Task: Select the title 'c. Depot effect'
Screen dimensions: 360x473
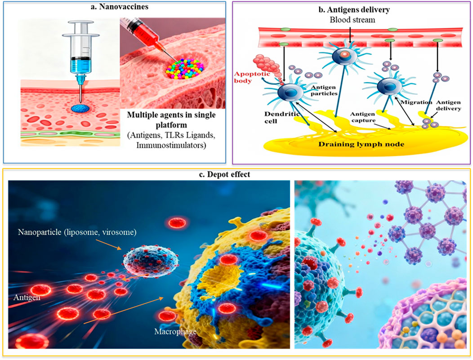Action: tap(237, 174)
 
